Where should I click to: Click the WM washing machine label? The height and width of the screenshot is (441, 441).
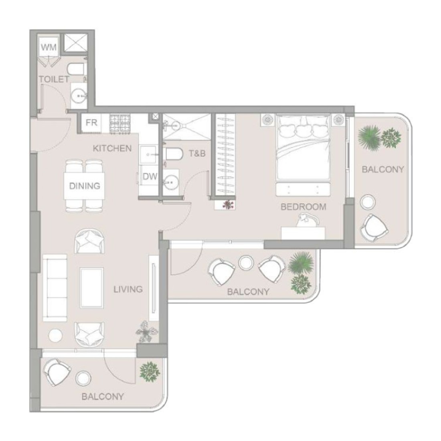point(49,47)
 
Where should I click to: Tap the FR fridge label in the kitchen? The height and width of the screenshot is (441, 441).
point(91,123)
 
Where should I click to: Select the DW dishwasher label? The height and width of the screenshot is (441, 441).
point(150,177)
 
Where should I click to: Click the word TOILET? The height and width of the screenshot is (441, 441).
point(54,79)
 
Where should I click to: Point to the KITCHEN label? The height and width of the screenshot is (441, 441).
point(112,148)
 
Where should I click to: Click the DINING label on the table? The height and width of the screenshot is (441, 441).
point(85,186)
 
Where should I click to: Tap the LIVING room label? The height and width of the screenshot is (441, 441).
point(128,289)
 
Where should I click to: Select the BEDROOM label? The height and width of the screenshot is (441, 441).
point(303,207)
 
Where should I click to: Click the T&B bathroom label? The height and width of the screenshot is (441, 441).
point(197,153)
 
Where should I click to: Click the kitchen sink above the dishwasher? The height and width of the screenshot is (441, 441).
point(148,154)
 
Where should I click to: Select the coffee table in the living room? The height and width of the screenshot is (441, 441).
point(92,287)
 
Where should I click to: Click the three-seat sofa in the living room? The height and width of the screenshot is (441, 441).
point(55,288)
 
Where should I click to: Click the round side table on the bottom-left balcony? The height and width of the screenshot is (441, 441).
point(83,378)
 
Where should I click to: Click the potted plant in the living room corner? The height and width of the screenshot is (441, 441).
point(146,332)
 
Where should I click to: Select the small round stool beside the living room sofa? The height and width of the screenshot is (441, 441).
point(55,336)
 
